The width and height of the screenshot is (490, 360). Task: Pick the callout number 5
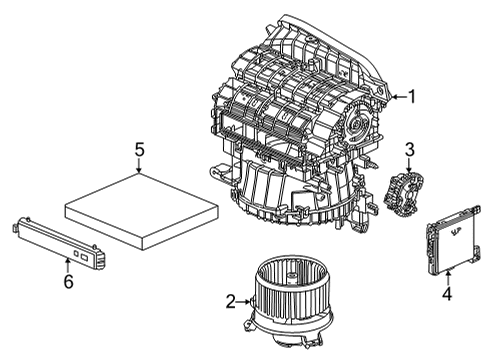coord(140,150)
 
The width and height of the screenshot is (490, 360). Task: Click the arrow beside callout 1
coord(397,96)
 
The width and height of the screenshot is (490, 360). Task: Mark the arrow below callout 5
coord(140,168)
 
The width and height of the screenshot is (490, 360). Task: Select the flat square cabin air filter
coord(139,205)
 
